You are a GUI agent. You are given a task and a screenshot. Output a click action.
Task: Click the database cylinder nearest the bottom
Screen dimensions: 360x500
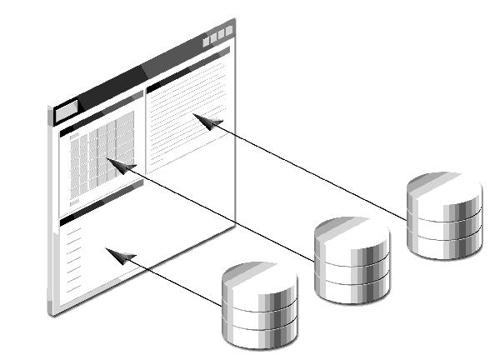(258, 306)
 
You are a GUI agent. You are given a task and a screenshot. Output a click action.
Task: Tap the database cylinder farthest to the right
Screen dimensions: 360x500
(444, 216)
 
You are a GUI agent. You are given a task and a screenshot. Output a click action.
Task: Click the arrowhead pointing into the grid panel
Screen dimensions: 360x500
(122, 167)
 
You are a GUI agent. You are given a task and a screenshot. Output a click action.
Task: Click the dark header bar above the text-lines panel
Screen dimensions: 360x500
(187, 68)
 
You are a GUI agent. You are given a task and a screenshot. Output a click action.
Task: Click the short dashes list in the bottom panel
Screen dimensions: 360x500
(74, 258)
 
